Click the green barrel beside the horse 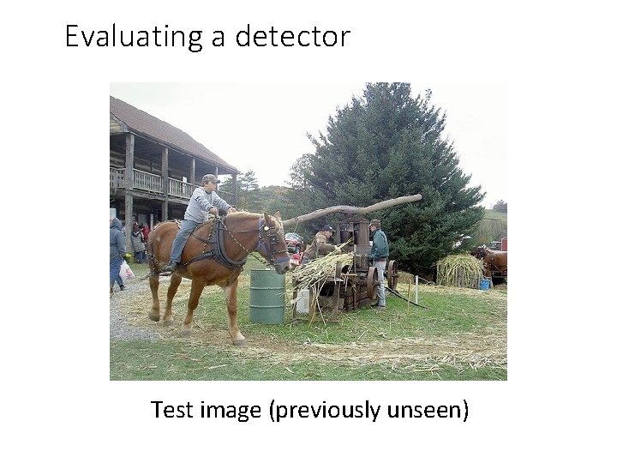267,297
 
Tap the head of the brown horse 273,239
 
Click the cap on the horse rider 210,178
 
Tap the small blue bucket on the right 485,284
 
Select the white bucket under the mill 302,301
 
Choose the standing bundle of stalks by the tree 459,271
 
